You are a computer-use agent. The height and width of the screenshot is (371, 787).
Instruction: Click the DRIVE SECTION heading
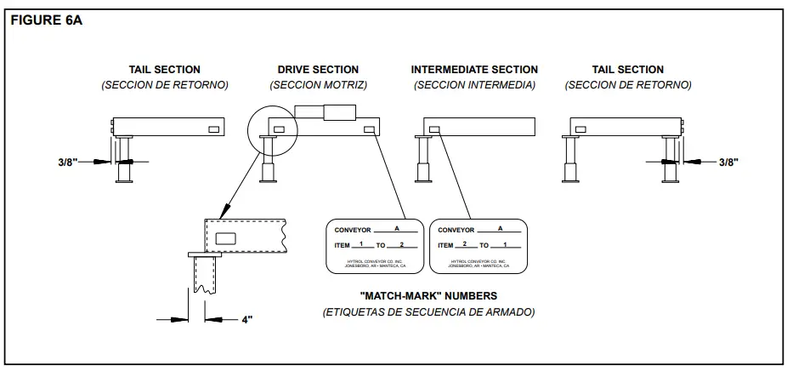(x=318, y=70)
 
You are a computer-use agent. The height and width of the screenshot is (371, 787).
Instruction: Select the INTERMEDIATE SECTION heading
(x=474, y=70)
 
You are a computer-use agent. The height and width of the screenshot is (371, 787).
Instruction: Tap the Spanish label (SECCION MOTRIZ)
(x=318, y=85)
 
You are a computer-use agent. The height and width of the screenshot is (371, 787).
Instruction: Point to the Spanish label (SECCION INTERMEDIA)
(x=474, y=85)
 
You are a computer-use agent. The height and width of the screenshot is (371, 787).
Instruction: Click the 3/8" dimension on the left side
(x=74, y=161)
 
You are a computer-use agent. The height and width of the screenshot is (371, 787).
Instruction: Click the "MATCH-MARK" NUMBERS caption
(x=428, y=296)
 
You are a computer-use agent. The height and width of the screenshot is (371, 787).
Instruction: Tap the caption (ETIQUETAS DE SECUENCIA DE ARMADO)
(x=428, y=312)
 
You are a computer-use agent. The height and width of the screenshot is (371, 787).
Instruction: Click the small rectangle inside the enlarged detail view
(x=226, y=239)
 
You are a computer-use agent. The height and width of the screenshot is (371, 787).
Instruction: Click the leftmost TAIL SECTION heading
(x=165, y=70)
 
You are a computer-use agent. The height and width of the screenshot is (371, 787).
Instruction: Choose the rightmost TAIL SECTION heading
(x=628, y=70)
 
